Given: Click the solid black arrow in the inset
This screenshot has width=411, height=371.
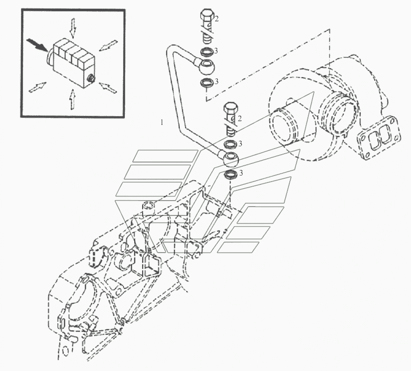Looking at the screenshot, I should coord(37,45).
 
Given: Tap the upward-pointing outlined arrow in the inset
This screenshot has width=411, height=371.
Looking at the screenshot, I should coord(72,99).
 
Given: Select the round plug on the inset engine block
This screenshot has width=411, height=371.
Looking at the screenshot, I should coord(90,78).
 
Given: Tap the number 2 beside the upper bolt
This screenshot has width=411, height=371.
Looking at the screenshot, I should coord(216,19).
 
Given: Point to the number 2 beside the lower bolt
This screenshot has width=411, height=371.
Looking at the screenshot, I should coord(240,119).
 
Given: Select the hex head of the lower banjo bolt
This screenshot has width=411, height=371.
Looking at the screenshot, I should coord(230,110).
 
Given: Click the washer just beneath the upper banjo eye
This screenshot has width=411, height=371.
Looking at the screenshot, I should coord(207,83).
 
